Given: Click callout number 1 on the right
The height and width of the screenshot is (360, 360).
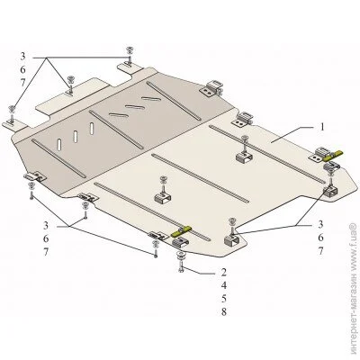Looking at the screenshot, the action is [321, 127].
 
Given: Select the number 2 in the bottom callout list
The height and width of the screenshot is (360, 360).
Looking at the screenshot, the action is [223, 273].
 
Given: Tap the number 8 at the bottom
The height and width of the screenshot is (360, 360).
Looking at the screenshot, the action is [223, 312].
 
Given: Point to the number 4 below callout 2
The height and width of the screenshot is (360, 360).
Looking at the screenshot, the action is [223, 285].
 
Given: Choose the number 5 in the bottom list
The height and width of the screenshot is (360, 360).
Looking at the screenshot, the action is [223, 299].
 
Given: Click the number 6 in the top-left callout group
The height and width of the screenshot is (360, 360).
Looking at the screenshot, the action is [23, 69].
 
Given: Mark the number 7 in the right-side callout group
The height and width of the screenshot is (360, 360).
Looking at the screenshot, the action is [320, 251].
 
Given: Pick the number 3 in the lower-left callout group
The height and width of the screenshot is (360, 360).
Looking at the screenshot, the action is [46, 225].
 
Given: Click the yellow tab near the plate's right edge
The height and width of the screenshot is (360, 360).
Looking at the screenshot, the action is [332, 156].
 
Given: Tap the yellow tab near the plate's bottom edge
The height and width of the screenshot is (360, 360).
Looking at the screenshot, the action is [181, 231].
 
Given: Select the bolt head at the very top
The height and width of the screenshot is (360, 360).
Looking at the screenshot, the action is [130, 49].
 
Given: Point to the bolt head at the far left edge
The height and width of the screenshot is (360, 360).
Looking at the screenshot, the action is [12, 108].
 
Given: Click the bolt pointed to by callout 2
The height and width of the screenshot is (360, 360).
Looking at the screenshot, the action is [181, 265].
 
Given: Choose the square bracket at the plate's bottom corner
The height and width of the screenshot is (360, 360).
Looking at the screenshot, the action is [233, 240].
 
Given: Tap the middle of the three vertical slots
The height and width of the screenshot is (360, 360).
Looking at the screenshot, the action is [76, 137].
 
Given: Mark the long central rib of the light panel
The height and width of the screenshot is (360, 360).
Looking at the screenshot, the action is [201, 178].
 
